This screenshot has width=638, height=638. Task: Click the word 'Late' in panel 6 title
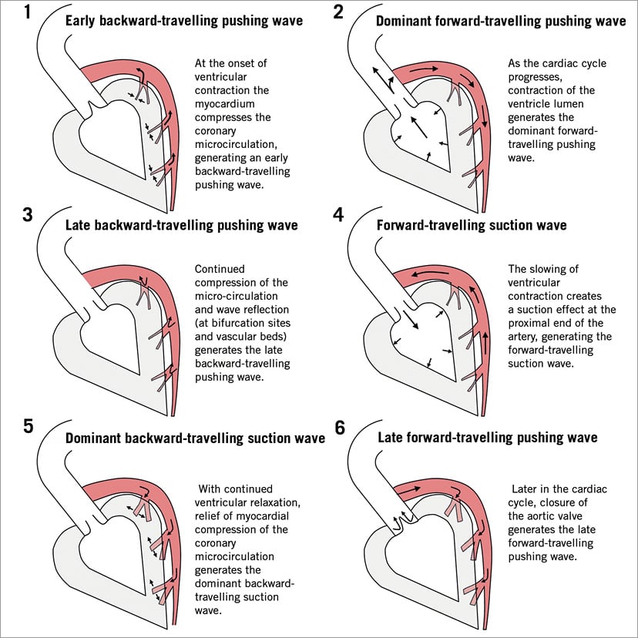[x=392, y=437]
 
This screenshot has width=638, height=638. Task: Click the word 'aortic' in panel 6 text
[x=544, y=516]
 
